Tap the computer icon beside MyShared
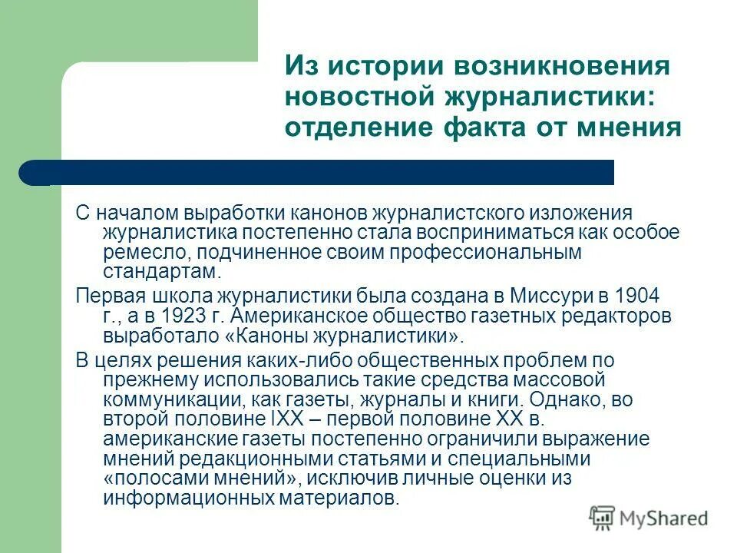602,517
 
